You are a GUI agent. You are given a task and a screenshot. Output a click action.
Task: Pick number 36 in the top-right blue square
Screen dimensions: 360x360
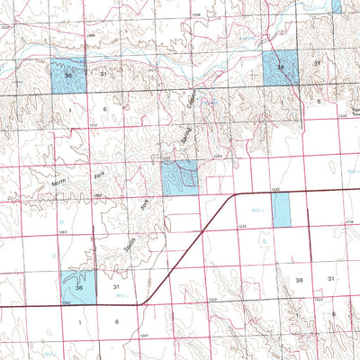pyautogui.click(x=281, y=67)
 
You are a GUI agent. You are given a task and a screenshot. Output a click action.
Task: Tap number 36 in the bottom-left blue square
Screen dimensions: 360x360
pyautogui.click(x=79, y=287)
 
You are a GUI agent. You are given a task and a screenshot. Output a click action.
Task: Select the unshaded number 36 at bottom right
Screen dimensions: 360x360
pyautogui.click(x=301, y=282)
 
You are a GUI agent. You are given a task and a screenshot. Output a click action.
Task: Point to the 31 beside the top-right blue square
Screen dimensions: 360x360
pyautogui.click(x=316, y=64)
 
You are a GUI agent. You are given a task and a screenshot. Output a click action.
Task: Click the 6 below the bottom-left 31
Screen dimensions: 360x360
pyautogui.click(x=117, y=320)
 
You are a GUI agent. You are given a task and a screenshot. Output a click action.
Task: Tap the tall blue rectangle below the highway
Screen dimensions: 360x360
pyautogui.click(x=281, y=212)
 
